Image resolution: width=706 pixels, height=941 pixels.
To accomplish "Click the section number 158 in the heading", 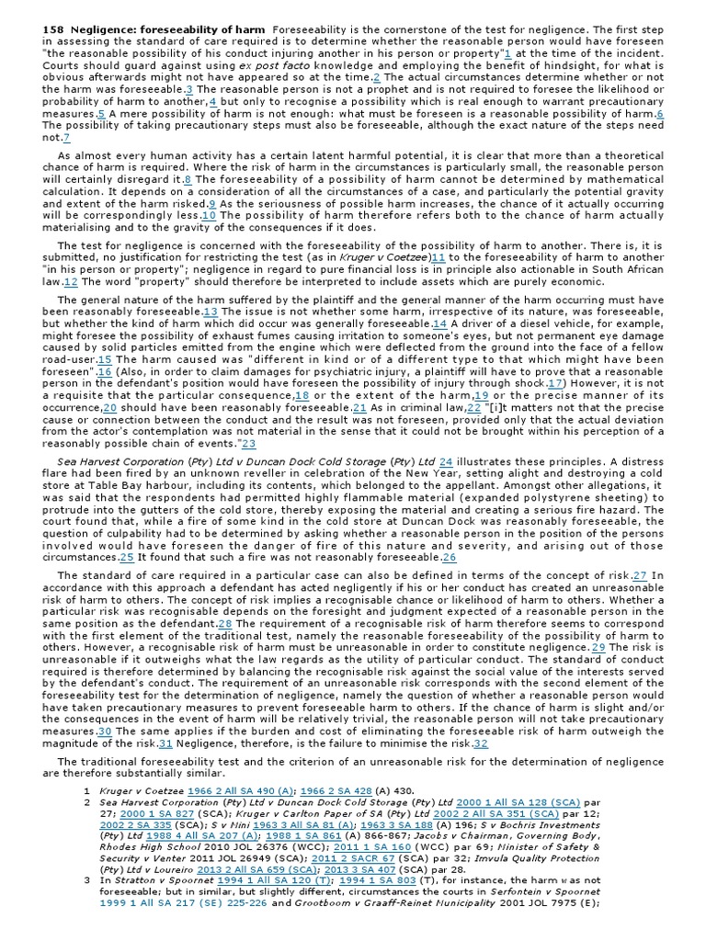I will (x=53, y=30).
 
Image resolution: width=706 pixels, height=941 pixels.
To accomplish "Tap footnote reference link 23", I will (x=248, y=444).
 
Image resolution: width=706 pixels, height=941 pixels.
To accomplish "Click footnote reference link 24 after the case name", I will (x=446, y=460).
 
